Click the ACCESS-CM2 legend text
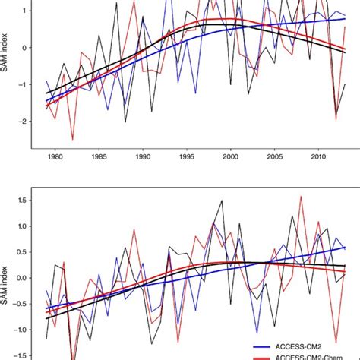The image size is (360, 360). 311,346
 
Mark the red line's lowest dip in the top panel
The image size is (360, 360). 73,139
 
